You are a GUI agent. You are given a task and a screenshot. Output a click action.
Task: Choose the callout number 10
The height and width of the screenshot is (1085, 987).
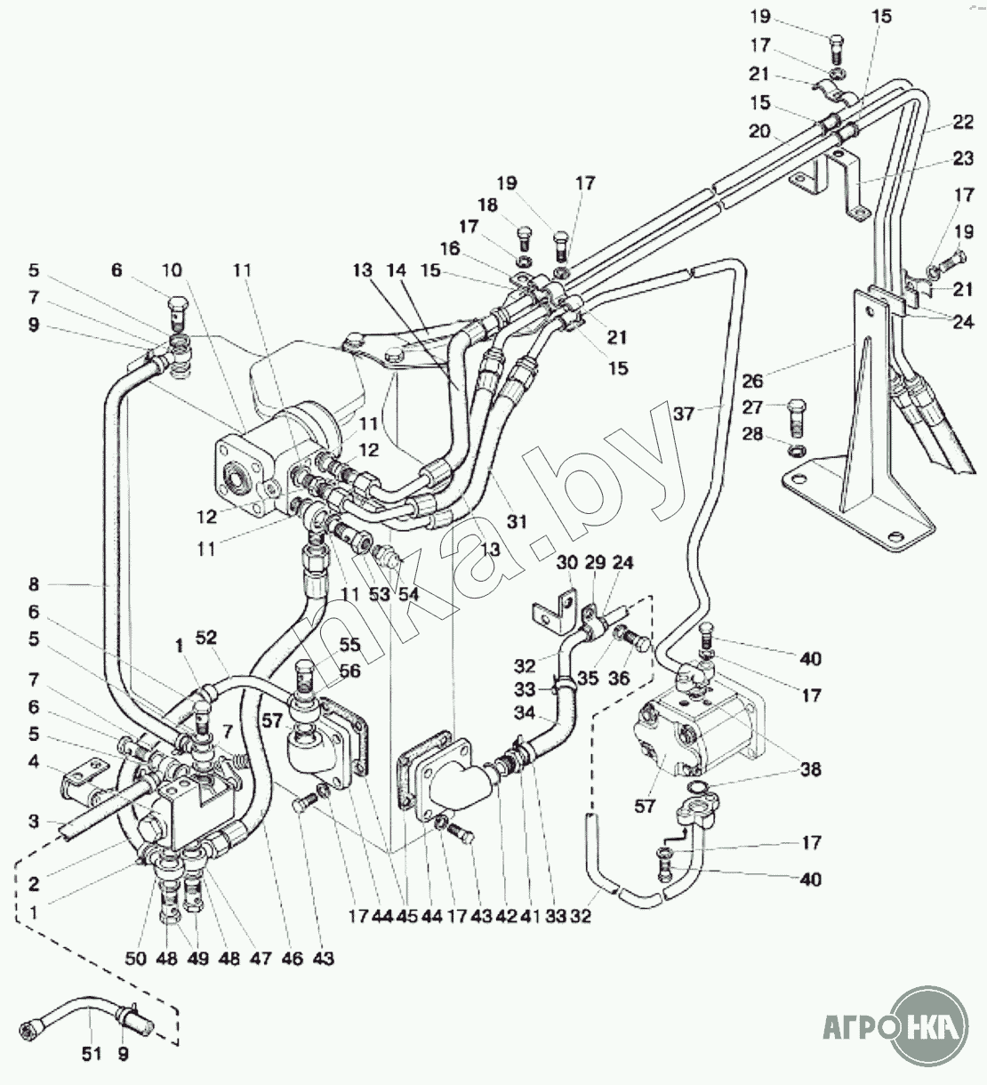coord(172,269)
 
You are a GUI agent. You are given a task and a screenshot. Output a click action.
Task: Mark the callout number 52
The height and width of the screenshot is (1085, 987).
coord(206,638)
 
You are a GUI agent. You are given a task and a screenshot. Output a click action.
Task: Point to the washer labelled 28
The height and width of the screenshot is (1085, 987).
coord(797,449)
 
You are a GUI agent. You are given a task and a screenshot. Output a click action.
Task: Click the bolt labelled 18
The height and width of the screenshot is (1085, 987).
coord(525,242)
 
